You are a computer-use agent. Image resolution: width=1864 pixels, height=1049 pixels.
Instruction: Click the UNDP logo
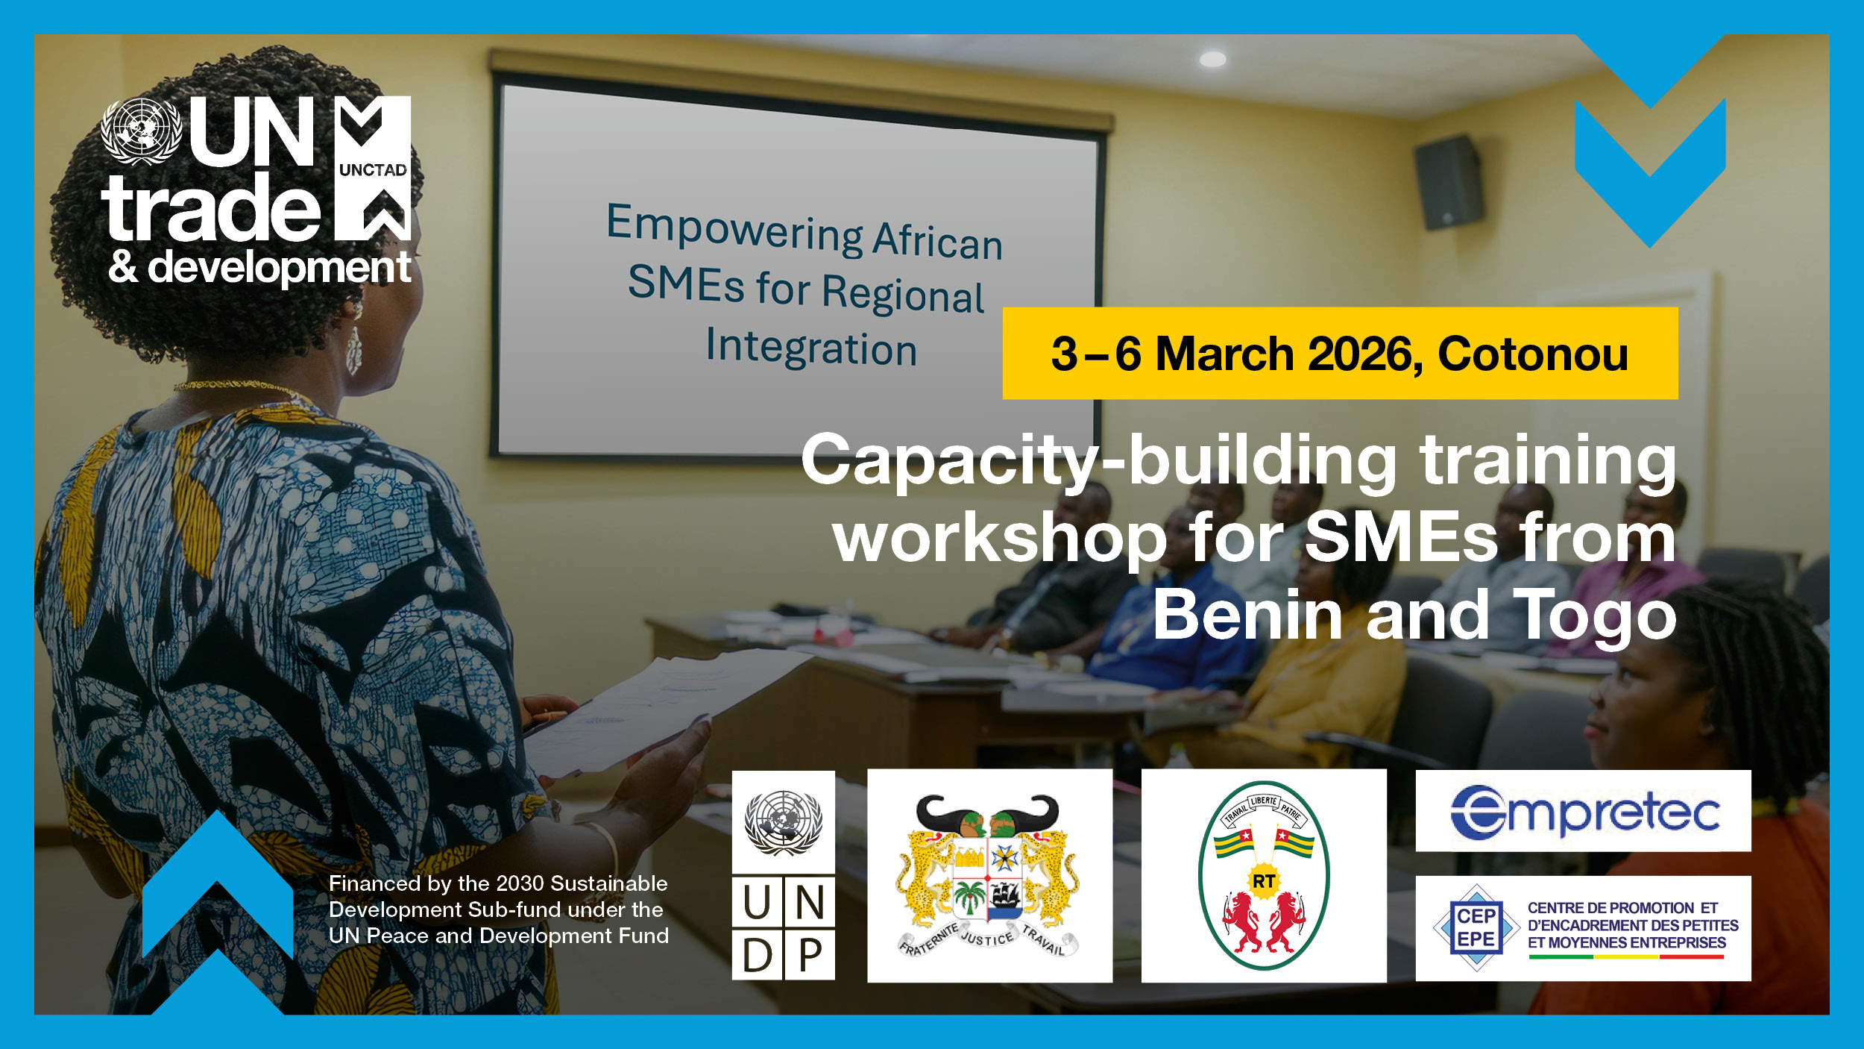pyautogui.click(x=783, y=875)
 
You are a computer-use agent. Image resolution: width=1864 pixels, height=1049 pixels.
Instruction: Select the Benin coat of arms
pyautogui.click(x=989, y=876)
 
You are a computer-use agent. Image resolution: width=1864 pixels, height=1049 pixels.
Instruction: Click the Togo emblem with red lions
pyautogui.click(x=1263, y=876)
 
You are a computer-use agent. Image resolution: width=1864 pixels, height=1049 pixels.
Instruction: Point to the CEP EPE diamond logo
pyautogui.click(x=1476, y=927)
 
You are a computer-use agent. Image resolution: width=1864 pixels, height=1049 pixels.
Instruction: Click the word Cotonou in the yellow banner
pyautogui.click(x=1532, y=354)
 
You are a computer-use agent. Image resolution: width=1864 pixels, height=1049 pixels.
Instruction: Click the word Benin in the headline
pyautogui.click(x=1247, y=616)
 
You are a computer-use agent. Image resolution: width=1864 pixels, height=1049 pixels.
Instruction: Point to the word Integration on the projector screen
pyautogui.click(x=811, y=348)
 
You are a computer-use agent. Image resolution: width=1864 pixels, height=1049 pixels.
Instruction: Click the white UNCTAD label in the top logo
pyautogui.click(x=373, y=170)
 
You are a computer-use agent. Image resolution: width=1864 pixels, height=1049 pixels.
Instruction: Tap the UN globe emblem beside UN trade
pyautogui.click(x=142, y=131)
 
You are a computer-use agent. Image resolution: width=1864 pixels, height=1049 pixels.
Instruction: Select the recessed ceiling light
pyautogui.click(x=1212, y=59)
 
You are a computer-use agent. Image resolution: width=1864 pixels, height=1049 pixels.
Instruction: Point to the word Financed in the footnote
pyautogui.click(x=374, y=884)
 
